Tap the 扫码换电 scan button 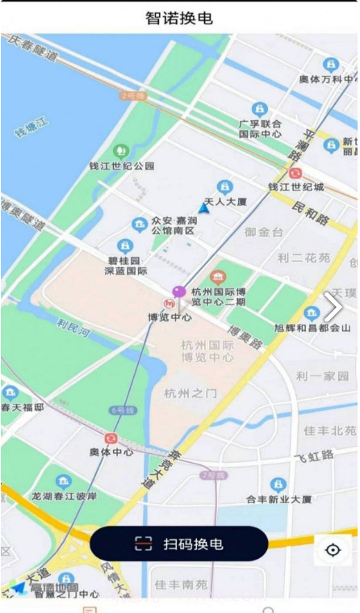178,544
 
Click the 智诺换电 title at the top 179,18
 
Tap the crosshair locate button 333,550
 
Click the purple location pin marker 179,292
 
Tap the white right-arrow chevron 333,307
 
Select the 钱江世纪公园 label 121,166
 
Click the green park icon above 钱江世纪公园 121,150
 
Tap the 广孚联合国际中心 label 260,128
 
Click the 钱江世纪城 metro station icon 296,172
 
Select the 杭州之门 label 190,393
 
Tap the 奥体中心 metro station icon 111,438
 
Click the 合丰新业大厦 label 278,500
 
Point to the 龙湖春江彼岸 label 64,496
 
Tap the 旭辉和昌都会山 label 312,329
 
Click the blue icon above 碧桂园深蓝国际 124,246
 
